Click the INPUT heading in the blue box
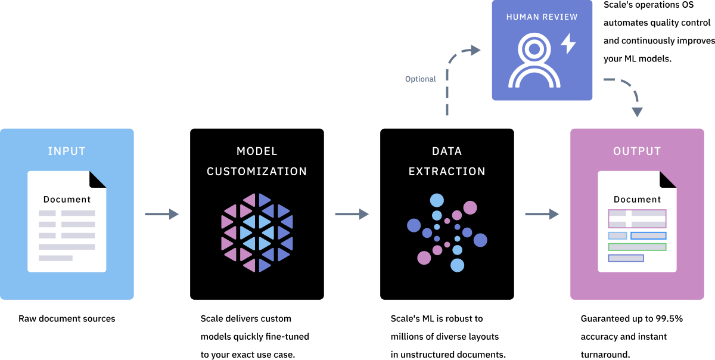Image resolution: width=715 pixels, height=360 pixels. coord(67,151)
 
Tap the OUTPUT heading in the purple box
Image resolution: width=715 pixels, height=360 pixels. coord(637,151)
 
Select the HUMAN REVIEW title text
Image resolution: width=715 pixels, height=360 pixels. coord(542,17)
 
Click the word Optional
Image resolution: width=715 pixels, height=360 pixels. coord(420,79)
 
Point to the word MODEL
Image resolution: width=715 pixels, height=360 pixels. coord(257,151)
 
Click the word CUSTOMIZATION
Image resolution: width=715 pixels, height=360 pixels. coord(257,172)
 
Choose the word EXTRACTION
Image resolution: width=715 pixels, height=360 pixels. coord(447,172)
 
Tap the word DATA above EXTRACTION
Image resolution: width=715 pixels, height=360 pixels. coord(447,151)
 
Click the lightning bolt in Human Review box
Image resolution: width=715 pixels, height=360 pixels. coord(568,44)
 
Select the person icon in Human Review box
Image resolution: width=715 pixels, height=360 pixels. coord(534,61)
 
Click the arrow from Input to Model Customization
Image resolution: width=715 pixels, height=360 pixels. coord(161,214)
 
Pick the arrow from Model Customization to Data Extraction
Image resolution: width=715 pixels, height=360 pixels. coord(352,214)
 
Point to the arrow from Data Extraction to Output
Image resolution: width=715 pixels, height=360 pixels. coord(542,214)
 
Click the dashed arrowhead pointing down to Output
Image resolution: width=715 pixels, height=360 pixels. coord(637,111)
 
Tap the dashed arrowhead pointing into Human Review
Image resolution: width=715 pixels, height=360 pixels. coord(475,51)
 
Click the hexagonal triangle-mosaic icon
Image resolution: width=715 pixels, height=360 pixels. coord(257,232)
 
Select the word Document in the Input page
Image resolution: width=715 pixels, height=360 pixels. coord(67,200)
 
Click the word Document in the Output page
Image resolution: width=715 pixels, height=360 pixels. coord(637,200)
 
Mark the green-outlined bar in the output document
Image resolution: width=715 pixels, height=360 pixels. coord(637,247)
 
